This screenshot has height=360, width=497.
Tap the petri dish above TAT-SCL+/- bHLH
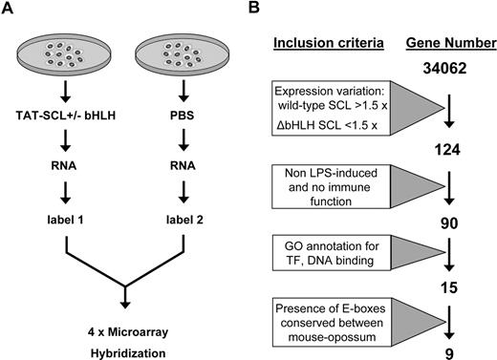(x=66, y=59)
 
